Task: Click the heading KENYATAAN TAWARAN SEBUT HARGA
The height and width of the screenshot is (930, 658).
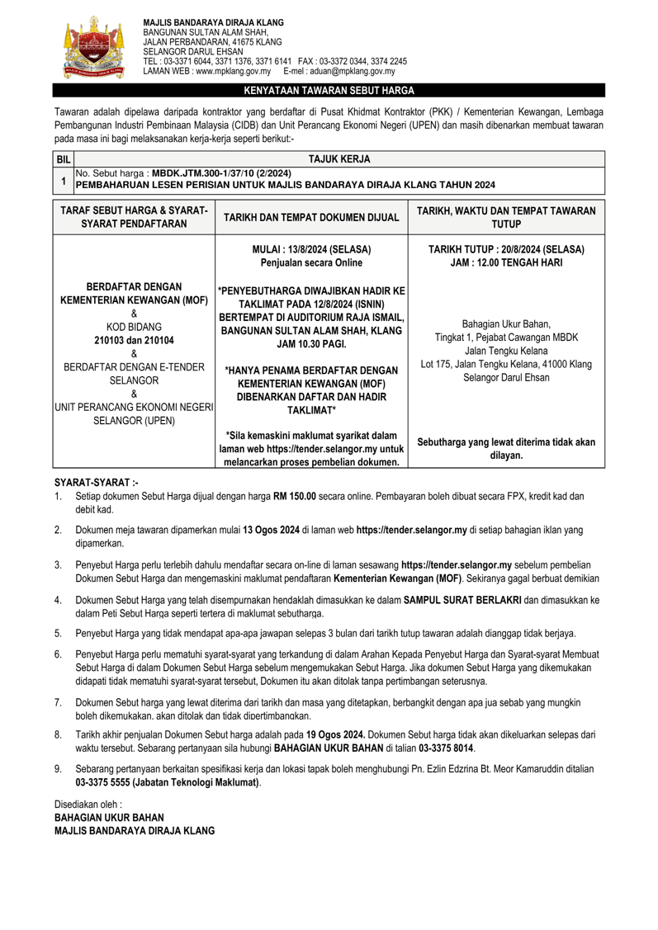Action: tap(329, 91)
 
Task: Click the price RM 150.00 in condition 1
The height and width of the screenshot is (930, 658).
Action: tap(305, 496)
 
